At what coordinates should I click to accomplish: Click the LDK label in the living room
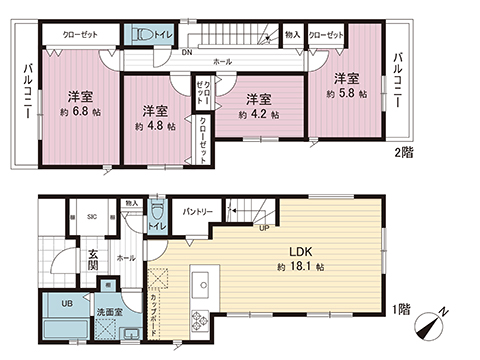click(301, 251)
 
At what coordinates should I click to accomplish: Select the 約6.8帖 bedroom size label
click(81, 113)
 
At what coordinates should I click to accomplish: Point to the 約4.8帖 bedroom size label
click(153, 126)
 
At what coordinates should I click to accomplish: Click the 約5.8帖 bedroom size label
click(346, 93)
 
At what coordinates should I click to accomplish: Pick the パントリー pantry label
click(196, 212)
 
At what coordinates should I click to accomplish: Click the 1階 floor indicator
click(400, 310)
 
